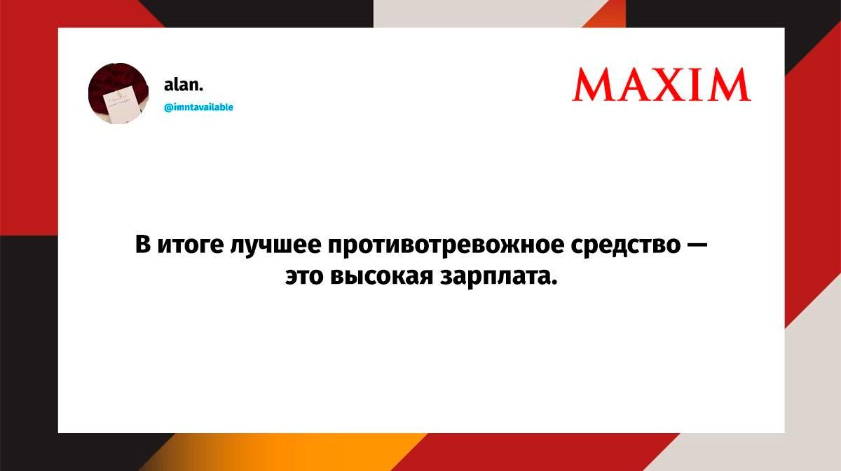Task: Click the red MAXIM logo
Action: (661, 85)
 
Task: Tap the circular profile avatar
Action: (118, 93)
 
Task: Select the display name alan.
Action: (184, 85)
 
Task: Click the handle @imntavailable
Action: (198, 107)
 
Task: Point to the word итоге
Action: (191, 245)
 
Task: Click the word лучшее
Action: (275, 245)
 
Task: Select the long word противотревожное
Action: (446, 245)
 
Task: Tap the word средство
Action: (625, 245)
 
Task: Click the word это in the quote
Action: (304, 277)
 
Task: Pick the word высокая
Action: (382, 277)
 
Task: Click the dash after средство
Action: (697, 245)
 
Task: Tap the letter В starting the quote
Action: (143, 244)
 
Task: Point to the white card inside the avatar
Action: (123, 104)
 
